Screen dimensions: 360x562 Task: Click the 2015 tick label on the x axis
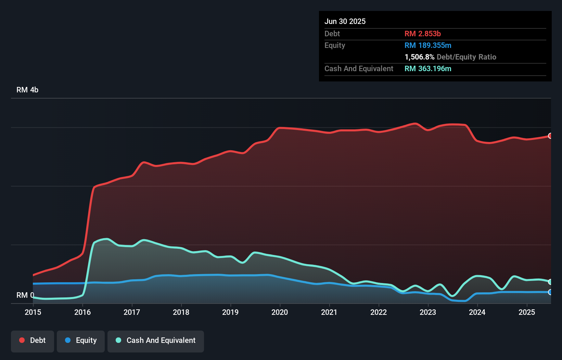click(33, 312)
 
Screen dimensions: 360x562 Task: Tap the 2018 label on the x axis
click(181, 312)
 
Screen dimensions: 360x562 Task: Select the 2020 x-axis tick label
click(280, 312)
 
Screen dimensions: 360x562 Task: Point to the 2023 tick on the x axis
click(428, 312)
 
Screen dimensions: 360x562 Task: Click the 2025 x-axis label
click(527, 312)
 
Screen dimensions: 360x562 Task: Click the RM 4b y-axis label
click(27, 90)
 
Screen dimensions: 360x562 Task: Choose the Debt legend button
click(33, 340)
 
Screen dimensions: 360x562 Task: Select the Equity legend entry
click(81, 340)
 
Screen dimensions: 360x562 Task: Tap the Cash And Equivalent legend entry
click(156, 340)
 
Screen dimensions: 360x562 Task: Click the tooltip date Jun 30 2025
click(345, 21)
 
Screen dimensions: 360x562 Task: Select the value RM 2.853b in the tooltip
click(423, 34)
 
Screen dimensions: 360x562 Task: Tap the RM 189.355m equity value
click(428, 45)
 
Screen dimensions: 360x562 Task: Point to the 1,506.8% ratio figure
click(419, 57)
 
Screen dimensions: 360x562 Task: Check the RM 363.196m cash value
click(428, 68)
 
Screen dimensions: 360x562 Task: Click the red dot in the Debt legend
click(22, 340)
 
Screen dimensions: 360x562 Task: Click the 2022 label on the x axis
click(379, 312)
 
